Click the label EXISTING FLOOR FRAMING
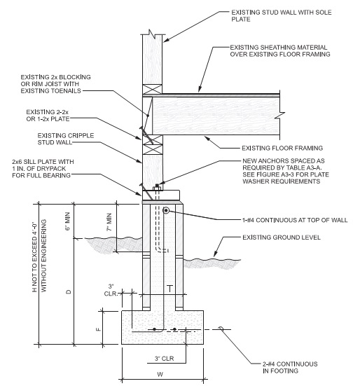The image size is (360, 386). (282, 148)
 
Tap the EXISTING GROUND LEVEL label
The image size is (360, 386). (282, 237)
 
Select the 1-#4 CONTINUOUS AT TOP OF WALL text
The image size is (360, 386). (295, 220)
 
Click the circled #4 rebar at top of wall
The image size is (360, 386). (166, 210)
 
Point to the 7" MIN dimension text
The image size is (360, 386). (109, 222)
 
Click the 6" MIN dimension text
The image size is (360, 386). (68, 221)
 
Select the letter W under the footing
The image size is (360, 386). (160, 374)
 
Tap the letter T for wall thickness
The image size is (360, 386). (170, 288)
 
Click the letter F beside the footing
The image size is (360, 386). (98, 329)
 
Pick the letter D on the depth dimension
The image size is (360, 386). (69, 291)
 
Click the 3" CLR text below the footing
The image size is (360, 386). (164, 359)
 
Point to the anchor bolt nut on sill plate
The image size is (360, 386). (157, 188)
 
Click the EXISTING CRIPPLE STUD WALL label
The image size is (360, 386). (66, 139)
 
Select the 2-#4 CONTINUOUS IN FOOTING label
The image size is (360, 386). (290, 367)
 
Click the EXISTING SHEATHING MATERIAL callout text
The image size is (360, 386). (279, 47)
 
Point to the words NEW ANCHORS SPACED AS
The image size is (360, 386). (284, 160)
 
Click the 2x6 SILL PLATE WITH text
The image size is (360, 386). (43, 162)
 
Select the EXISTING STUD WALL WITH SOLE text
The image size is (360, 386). (282, 13)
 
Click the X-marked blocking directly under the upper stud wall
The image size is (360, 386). (153, 89)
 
